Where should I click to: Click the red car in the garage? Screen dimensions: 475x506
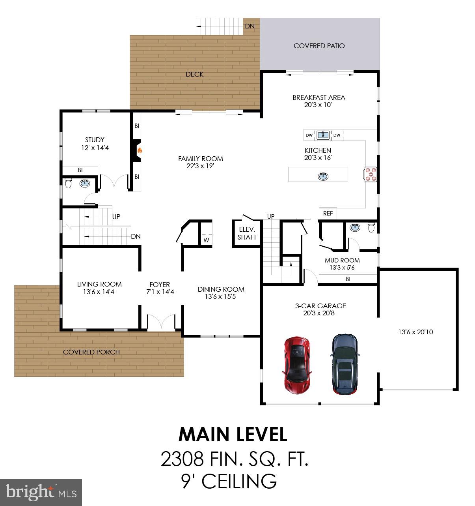tap(297, 365)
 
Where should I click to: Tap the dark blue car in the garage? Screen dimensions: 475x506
tap(345, 364)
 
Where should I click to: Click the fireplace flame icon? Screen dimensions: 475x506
tap(140, 151)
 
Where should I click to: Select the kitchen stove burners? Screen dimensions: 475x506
tap(371, 174)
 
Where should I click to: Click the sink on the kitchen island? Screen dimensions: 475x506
tap(323, 176)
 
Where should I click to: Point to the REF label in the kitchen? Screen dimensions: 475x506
tap(328, 214)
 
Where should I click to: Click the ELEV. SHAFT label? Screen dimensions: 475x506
tap(247, 233)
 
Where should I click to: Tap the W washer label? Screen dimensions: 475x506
tap(206, 240)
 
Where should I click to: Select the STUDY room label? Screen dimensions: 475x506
tap(95, 140)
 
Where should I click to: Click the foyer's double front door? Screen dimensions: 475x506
tap(161, 322)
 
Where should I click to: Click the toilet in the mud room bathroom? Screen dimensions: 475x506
tap(371, 227)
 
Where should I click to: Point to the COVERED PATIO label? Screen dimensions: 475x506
tap(319, 46)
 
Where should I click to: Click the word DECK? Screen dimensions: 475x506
tap(194, 74)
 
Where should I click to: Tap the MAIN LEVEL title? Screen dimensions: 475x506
tap(233, 435)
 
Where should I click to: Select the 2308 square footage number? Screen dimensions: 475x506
tap(182, 459)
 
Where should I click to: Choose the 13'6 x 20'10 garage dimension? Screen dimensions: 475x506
tap(416, 332)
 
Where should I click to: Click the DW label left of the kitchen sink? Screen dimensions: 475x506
tap(309, 135)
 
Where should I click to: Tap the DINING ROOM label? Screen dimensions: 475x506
tap(221, 289)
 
